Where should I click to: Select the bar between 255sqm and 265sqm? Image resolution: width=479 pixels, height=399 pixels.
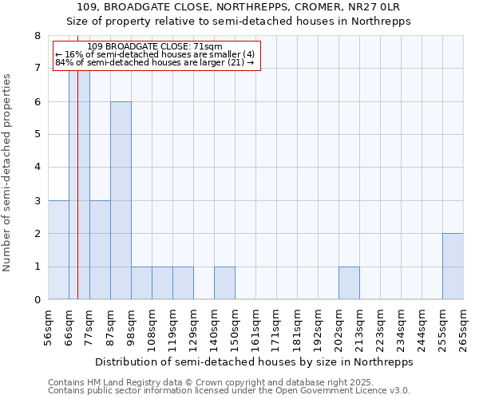(453, 267)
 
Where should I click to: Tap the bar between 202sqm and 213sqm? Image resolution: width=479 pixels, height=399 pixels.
(349, 283)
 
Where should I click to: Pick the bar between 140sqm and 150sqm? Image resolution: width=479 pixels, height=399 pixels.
(224, 283)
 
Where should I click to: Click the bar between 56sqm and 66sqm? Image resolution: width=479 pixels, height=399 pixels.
(58, 250)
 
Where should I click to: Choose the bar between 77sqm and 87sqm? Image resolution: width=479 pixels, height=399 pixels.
(100, 250)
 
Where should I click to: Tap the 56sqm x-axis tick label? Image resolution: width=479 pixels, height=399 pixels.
(49, 328)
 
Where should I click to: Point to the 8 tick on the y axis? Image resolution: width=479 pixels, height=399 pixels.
(38, 36)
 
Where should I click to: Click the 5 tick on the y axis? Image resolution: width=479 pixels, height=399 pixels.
(38, 135)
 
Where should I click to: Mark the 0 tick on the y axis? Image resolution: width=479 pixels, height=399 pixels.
(38, 300)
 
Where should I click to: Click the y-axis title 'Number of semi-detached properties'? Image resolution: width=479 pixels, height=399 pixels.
(8, 172)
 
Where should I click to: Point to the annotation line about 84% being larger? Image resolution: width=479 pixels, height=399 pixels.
(155, 62)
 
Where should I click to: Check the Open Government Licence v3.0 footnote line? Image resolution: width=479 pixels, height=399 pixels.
(229, 391)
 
